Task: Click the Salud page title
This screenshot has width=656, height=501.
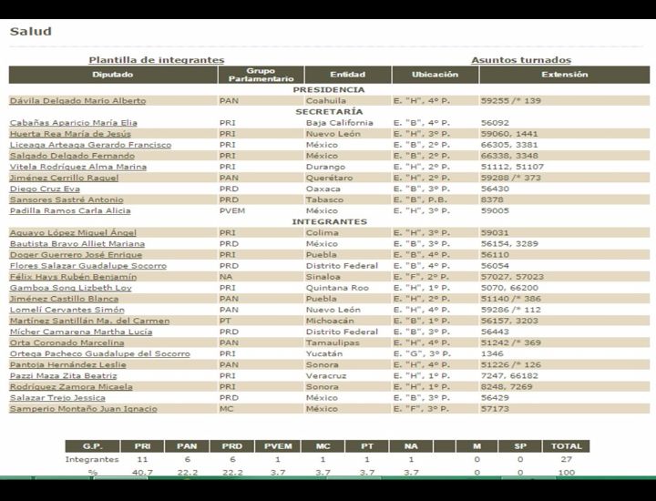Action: (30, 31)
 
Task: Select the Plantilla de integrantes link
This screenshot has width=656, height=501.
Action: (156, 60)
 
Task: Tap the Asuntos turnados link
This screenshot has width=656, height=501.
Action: (521, 60)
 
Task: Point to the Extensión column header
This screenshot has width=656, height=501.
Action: (565, 75)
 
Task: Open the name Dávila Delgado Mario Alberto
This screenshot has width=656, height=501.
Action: (77, 100)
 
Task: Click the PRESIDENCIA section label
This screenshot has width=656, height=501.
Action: (330, 90)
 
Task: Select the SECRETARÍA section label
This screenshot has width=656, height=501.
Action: (330, 111)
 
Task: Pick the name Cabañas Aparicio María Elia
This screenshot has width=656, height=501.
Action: (74, 123)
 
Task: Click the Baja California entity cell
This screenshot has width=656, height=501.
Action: (339, 123)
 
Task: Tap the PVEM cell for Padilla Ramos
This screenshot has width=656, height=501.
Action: (231, 210)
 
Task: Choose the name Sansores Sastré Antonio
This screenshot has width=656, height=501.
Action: (66, 199)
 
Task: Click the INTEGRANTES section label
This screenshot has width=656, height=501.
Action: (330, 221)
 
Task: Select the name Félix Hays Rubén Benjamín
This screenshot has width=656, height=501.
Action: (73, 277)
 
